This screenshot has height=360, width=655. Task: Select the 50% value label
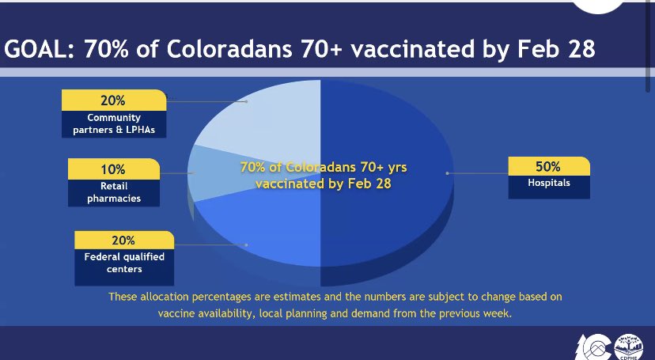548,166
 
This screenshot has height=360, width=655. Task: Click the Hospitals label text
548,183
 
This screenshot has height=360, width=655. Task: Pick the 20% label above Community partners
112,100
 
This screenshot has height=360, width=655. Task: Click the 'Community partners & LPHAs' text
113,124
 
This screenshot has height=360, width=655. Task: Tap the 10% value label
114,169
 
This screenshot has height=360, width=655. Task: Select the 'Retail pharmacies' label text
114,192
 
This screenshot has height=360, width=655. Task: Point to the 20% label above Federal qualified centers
123,241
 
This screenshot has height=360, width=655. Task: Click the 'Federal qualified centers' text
123,263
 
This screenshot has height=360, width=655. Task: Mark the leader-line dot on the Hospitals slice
448,172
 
